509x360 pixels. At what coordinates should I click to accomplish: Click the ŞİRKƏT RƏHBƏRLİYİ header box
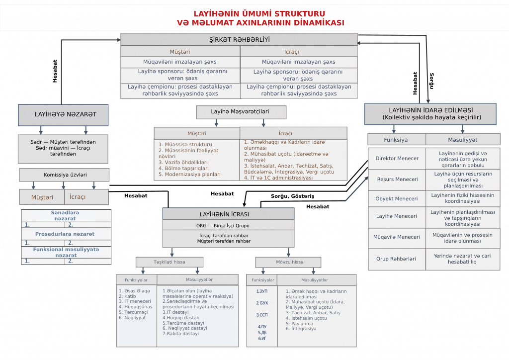239,39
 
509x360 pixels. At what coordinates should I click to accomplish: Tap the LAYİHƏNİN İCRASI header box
228,214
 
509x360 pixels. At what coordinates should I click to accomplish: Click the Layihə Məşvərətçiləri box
241,112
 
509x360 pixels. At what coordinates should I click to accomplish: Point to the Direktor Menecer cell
397,159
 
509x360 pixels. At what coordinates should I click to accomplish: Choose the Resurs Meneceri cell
397,179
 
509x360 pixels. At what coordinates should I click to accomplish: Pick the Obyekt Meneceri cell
397,198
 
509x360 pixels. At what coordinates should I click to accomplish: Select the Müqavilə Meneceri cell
397,237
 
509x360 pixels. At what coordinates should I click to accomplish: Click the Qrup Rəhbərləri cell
397,259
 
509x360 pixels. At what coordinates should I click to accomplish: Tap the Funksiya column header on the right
397,140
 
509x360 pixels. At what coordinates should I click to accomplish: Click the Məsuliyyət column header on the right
463,140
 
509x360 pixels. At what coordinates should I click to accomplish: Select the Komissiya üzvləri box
64,175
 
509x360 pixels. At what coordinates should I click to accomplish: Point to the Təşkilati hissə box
170,262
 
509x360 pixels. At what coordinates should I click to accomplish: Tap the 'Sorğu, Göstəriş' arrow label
292,196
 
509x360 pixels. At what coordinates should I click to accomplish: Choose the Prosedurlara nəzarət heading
65,234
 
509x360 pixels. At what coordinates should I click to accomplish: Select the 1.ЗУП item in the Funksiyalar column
262,291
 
